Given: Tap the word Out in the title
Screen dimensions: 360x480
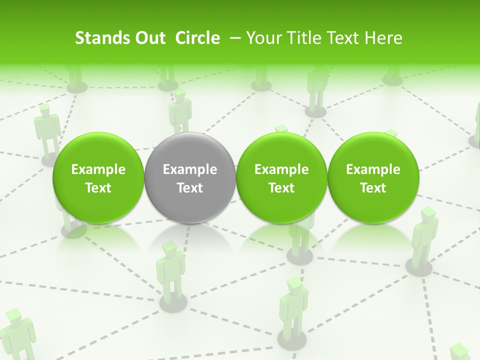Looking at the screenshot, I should tap(148, 38).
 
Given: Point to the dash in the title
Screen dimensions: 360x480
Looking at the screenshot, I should tap(234, 38).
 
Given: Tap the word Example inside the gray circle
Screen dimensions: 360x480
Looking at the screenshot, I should tap(190, 170).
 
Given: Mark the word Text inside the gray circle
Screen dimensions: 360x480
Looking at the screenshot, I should tap(190, 188).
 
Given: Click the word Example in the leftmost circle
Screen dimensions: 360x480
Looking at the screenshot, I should tap(98, 170).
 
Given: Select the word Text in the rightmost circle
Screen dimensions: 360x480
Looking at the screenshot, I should tap(373, 188).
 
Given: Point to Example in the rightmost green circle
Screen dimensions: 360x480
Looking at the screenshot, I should tap(373, 170).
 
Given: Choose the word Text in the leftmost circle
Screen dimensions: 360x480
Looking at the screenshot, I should tap(98, 188).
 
